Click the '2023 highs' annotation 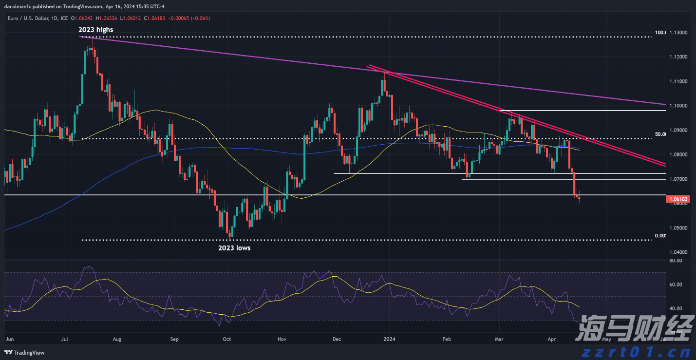tap(95, 30)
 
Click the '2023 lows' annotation tap(234, 248)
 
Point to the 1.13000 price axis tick tap(679, 33)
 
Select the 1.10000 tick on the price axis tap(679, 106)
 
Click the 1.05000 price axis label tap(679, 228)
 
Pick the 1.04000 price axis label tap(679, 252)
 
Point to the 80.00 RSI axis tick tap(676, 261)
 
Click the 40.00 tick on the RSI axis tap(676, 309)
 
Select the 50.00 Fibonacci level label tap(660, 133)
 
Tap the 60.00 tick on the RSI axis tap(676, 284)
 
